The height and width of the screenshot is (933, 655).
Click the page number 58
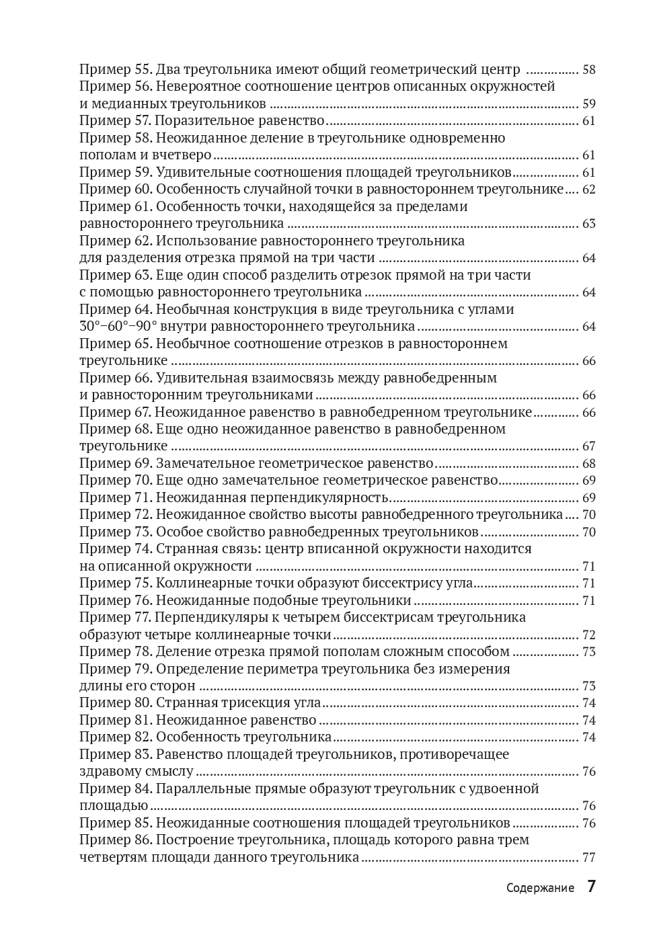click(588, 69)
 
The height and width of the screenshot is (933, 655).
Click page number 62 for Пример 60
click(588, 189)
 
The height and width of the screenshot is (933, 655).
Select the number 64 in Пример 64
click(588, 326)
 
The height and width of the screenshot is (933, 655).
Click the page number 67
click(588, 446)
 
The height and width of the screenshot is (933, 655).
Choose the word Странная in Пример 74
click(182, 549)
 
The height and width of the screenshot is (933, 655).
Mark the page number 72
click(588, 635)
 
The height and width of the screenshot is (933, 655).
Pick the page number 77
click(588, 857)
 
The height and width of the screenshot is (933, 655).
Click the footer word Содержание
click(540, 888)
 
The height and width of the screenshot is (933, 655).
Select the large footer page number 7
click(591, 886)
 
